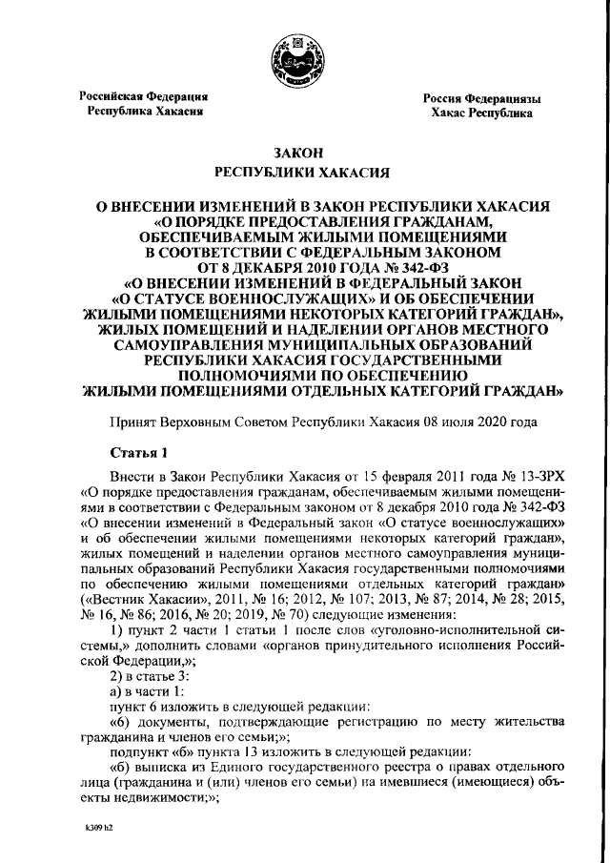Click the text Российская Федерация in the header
click(143, 96)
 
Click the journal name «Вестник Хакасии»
click(138, 591)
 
